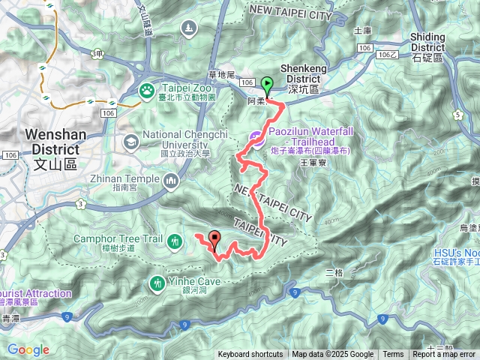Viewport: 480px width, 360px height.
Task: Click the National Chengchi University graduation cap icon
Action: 131,141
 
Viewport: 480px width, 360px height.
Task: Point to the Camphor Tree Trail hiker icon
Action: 175,241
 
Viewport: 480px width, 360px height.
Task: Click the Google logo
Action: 28,349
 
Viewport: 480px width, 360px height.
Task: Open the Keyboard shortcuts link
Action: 250,355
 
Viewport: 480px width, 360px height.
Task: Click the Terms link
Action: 393,355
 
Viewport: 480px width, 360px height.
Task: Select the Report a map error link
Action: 444,355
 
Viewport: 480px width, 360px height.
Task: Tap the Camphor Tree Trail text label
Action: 118,239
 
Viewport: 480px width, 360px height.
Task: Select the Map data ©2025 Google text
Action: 333,355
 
